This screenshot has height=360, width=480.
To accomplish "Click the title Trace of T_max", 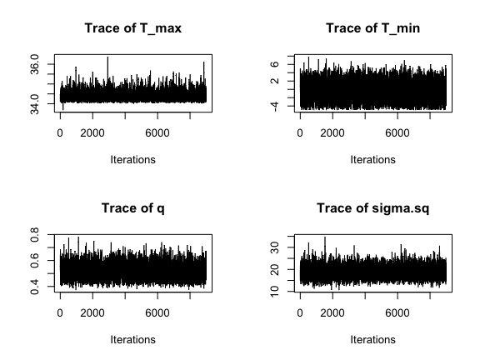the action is tap(132, 28).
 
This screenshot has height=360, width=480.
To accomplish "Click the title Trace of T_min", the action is tap(372, 28).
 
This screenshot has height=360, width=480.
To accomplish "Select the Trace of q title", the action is tap(132, 208).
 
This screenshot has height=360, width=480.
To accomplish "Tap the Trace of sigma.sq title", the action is tap(372, 208).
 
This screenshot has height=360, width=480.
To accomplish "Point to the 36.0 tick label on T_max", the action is tap(35, 64).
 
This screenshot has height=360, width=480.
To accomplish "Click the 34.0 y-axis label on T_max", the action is tap(35, 104).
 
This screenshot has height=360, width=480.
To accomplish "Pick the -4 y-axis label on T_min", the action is tap(275, 107).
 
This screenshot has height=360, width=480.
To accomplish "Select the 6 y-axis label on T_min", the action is tap(275, 64).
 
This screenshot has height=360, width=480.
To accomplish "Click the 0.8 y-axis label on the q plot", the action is tap(35, 235).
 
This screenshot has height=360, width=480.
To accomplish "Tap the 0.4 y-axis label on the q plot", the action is tap(35, 287).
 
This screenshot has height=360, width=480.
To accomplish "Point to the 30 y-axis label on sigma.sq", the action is tap(275, 247).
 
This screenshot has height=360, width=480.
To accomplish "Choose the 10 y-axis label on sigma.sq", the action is tap(275, 292).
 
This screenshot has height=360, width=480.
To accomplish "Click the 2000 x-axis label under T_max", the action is tap(92, 133).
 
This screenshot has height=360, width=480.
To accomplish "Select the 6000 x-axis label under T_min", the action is tap(397, 133).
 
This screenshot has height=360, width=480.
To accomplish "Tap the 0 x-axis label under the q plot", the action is tap(60, 313).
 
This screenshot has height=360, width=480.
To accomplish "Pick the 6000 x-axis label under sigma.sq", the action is tap(397, 313).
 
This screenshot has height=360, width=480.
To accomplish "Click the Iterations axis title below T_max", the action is tap(132, 160).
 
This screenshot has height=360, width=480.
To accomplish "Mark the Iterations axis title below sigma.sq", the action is tap(372, 340).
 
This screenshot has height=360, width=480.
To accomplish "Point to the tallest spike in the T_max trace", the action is tap(107, 57).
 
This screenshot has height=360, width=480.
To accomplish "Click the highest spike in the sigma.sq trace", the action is tap(325, 237).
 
